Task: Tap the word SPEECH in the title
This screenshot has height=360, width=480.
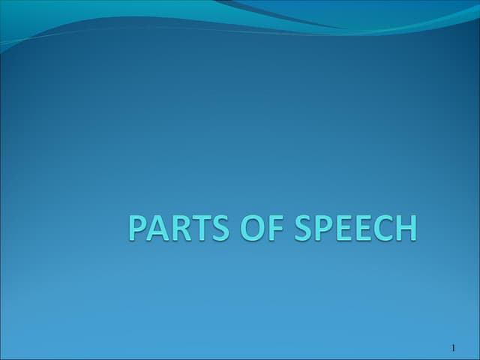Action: (355, 228)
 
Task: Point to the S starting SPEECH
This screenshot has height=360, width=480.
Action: (301, 228)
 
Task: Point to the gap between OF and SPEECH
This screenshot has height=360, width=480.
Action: (287, 228)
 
